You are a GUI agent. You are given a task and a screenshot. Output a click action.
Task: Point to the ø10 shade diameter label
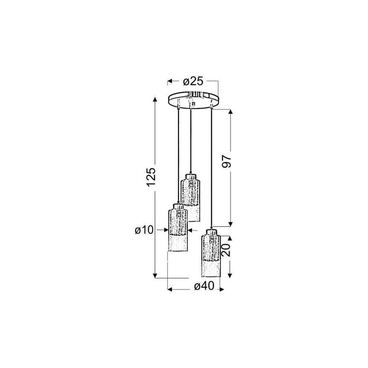coord(144,230)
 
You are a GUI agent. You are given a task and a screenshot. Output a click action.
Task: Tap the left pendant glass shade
coord(178,229)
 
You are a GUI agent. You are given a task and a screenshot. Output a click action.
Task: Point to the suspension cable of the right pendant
coord(211,170)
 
